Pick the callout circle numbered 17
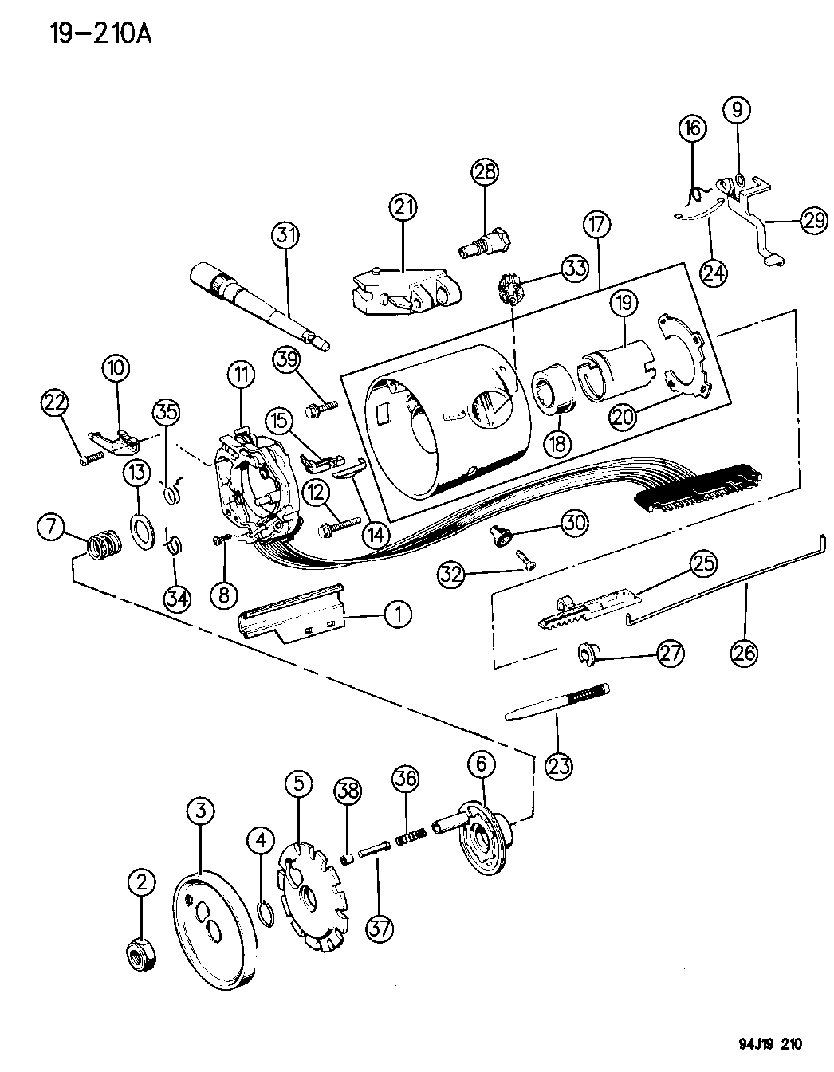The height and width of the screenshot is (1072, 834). (x=597, y=226)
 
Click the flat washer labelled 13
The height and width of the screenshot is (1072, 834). (x=141, y=532)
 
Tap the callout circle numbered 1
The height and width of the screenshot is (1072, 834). (x=399, y=613)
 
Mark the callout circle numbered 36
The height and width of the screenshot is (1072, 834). (x=406, y=778)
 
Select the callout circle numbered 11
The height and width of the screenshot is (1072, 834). (x=242, y=372)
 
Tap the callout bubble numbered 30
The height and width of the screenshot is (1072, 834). (x=574, y=523)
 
